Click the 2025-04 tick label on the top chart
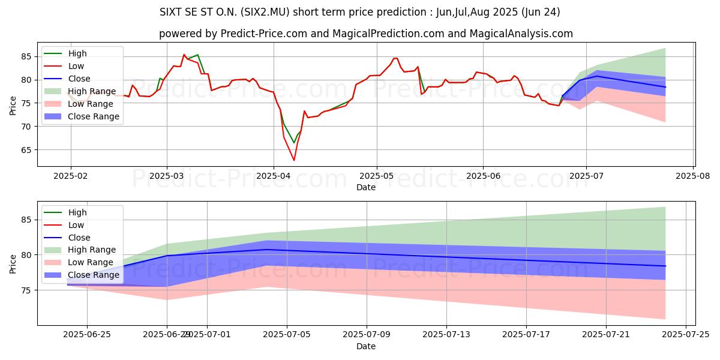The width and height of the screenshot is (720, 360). (x=274, y=175)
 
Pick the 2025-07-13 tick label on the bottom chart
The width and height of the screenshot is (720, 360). (x=446, y=335)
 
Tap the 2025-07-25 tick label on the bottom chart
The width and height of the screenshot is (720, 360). (x=685, y=335)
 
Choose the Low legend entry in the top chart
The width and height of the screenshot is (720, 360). (x=76, y=66)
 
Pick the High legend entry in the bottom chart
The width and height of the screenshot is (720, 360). (x=77, y=212)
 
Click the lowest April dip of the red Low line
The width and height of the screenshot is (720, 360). (x=294, y=160)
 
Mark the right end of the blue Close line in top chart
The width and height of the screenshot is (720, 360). (x=665, y=87)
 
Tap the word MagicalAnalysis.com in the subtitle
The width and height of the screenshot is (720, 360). (x=520, y=34)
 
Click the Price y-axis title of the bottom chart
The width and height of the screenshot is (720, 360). (x=13, y=263)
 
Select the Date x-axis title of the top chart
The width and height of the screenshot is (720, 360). (x=366, y=187)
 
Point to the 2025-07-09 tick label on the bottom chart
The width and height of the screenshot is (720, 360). (x=366, y=335)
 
